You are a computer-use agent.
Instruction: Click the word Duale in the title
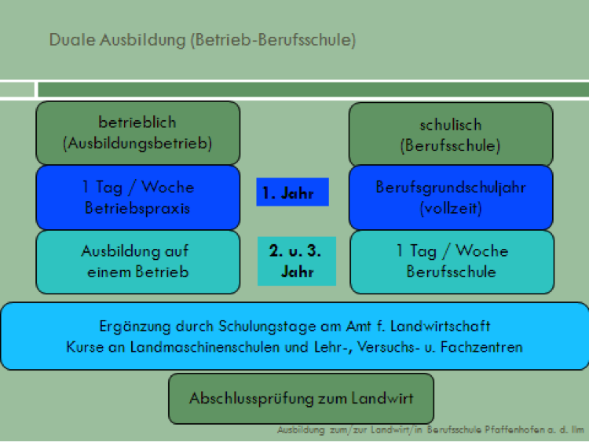point(72,39)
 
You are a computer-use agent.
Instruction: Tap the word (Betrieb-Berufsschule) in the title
point(273,40)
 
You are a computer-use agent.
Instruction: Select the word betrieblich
point(137,122)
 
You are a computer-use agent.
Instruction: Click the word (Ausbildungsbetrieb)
point(137,144)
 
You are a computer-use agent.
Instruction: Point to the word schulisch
point(451,125)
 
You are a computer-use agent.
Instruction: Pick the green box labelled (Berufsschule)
point(451,133)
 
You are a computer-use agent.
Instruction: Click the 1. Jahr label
point(292,192)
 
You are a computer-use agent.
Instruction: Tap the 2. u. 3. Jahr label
point(296,261)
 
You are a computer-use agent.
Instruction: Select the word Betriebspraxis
point(137,208)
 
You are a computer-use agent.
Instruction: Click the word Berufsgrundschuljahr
point(451,188)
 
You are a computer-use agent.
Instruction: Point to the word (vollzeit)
point(451,208)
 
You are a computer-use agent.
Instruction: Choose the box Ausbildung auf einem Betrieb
point(138,261)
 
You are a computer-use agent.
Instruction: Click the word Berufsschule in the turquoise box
point(451,272)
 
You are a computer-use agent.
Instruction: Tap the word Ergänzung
point(135,327)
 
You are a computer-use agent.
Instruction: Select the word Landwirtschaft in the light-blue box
point(441,326)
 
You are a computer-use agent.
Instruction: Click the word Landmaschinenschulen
point(205,347)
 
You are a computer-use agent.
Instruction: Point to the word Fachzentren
point(481,347)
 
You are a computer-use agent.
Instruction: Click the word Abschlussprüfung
point(251,399)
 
